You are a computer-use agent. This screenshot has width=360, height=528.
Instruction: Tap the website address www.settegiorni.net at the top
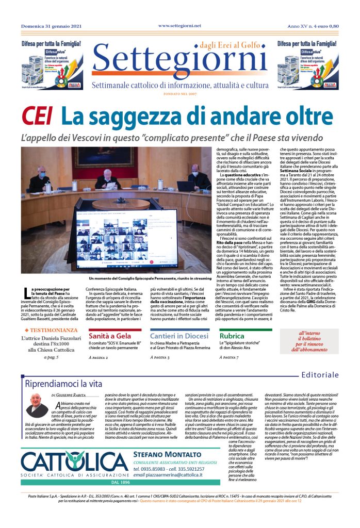coord(179,25)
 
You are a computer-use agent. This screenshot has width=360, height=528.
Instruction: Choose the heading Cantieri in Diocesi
coord(179,336)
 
